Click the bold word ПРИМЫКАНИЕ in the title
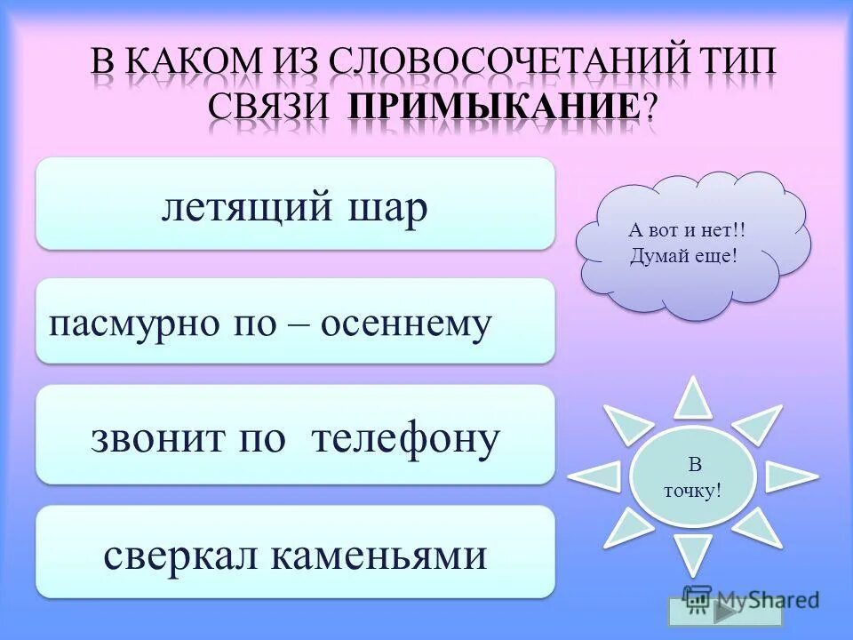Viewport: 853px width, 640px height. (494, 108)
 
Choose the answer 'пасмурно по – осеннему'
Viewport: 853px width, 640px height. (295, 322)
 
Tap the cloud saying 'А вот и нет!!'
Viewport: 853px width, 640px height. (688, 244)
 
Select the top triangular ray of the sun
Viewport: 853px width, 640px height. (692, 397)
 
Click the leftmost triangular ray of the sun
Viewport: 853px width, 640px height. (594, 476)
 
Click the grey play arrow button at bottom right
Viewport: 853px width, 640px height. (725, 612)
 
